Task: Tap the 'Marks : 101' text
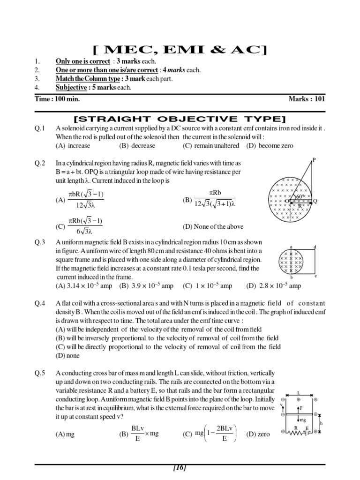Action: (x=307, y=99)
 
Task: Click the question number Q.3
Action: (x=40, y=242)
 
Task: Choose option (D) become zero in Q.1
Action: (x=270, y=146)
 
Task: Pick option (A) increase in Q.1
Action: (x=73, y=146)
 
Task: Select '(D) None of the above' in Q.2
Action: (x=213, y=226)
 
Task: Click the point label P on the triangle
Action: (x=314, y=160)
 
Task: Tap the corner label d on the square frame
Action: (x=315, y=247)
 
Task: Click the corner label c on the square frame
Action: (x=315, y=276)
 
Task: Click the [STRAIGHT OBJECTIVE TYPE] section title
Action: (x=180, y=118)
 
